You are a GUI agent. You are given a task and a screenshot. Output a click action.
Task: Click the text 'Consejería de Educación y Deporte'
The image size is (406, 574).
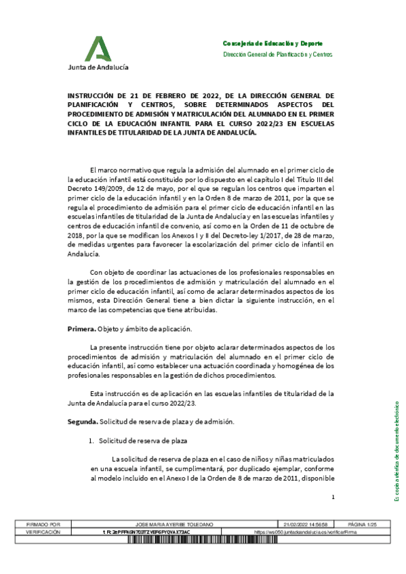coord(272,43)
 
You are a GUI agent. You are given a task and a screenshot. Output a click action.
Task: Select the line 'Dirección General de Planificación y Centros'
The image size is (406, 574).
coord(278,54)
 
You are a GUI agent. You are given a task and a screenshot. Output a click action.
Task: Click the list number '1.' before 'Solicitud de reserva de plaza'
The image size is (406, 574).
coord(93,441)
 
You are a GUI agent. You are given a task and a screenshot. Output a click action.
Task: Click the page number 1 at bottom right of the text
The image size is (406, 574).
coord(333,498)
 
